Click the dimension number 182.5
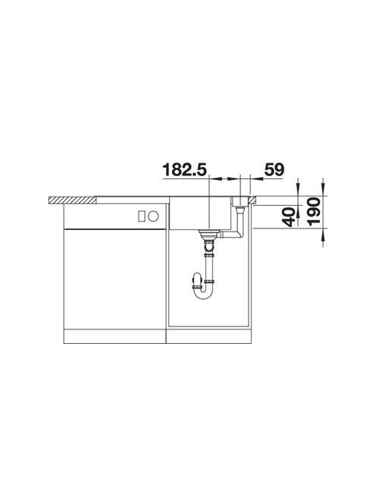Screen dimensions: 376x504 [185, 169]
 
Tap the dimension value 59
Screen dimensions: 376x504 [274, 169]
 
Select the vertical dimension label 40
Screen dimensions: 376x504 [290, 216]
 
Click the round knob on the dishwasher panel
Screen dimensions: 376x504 [153, 216]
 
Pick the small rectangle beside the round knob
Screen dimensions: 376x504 [142, 216]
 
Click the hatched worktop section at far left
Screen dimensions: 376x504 [72, 200]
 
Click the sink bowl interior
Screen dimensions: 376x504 [200, 214]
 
